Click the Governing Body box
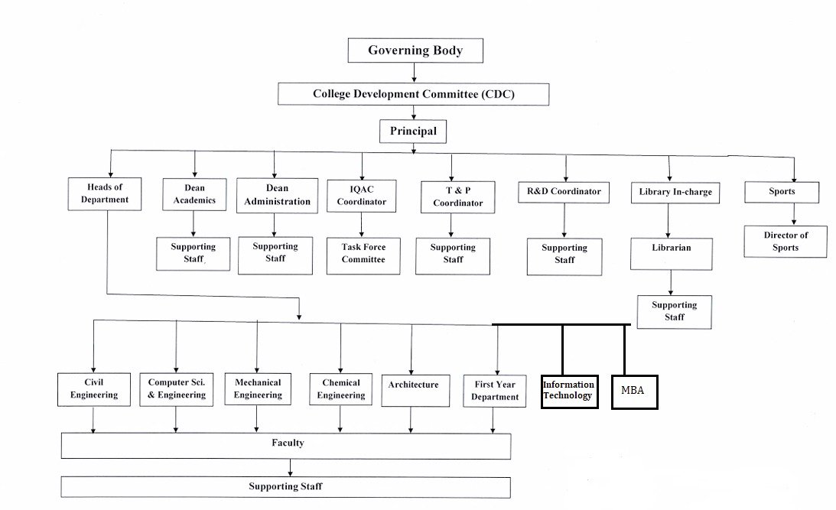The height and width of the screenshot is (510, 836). (x=415, y=50)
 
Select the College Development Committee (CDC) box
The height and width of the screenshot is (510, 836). (x=414, y=94)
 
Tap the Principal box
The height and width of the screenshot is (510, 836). (x=413, y=132)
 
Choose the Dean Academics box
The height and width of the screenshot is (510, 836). (x=194, y=194)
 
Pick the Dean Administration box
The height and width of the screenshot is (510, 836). (x=277, y=195)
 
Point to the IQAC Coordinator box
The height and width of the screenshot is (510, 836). (x=362, y=197)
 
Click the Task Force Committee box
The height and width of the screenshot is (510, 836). (x=363, y=254)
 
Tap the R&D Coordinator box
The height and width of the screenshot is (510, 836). (x=564, y=192)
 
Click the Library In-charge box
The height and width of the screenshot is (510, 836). (x=675, y=193)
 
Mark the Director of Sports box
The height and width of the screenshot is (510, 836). (x=785, y=241)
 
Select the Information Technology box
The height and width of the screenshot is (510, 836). (x=568, y=391)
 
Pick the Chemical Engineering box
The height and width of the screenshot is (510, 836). (x=341, y=389)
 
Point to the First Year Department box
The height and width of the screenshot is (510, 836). (x=495, y=391)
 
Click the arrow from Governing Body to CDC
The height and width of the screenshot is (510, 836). (x=414, y=73)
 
